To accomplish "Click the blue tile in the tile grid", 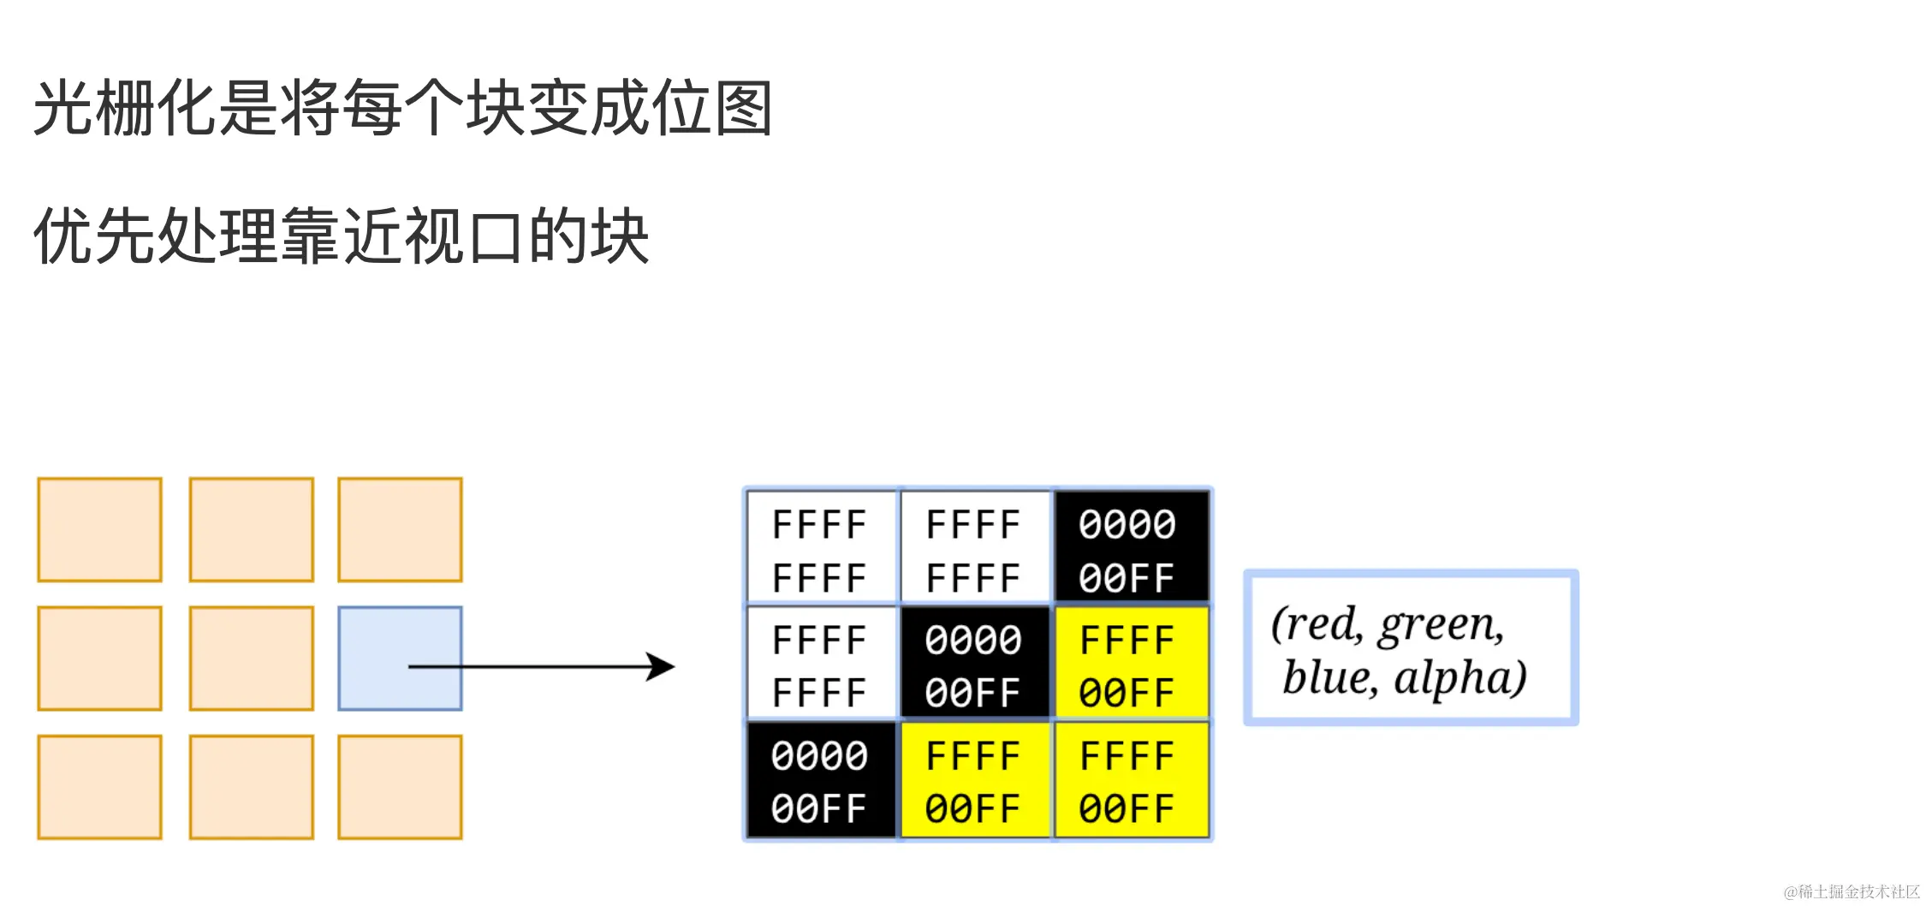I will click(x=400, y=658).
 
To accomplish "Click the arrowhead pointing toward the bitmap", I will click(x=661, y=666).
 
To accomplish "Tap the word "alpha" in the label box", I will click(x=1459, y=677).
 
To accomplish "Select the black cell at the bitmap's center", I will click(x=974, y=664).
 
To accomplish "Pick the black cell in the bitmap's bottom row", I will click(x=820, y=780).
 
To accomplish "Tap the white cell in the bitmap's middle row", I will click(x=820, y=664).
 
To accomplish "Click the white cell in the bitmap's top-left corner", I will click(x=820, y=548).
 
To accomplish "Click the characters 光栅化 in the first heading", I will click(x=124, y=108).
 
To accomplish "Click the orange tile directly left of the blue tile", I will click(x=252, y=658).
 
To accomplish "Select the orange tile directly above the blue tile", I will click(x=400, y=529).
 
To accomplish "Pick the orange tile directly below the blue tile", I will click(x=400, y=786).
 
